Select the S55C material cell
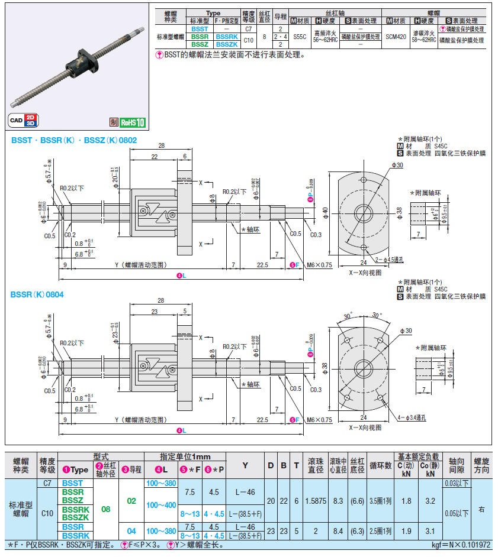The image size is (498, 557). [x=300, y=37]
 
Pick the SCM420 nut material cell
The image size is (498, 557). [x=396, y=37]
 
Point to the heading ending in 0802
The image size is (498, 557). [x=74, y=140]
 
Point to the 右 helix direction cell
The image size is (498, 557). [x=482, y=509]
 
